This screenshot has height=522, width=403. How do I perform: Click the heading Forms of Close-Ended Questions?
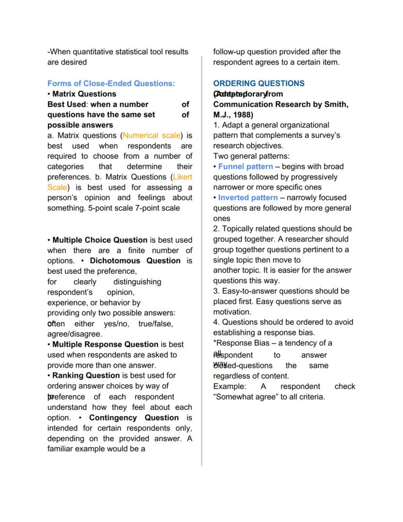pos(111,83)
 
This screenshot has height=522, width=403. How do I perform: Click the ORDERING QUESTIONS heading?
pos(259,83)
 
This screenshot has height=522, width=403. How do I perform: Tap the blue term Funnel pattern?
pos(246,167)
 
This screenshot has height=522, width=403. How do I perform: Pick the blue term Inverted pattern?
pos(248,198)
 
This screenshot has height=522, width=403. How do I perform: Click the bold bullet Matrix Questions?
pos(84,93)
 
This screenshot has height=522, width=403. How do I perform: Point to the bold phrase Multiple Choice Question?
pos(100,240)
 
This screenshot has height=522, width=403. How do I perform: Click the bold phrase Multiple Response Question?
pos(106,344)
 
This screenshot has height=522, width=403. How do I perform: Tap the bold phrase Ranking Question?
pos(86,375)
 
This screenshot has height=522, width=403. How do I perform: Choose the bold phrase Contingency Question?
pos(134,418)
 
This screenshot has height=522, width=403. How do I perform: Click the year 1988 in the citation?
pos(240,115)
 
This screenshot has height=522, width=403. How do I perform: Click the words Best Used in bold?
pos(66,104)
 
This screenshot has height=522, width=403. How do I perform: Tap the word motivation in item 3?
pos(232,312)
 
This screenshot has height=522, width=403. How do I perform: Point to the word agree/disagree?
pos(74,334)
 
